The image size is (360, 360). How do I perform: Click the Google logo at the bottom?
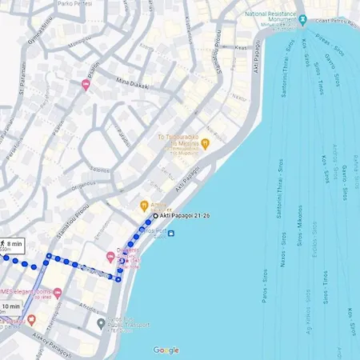pos(166,350)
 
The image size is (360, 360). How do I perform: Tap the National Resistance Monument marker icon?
pos(302,14)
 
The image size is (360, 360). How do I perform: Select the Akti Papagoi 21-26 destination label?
pos(185,216)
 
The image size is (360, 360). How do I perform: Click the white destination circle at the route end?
pos(155,216)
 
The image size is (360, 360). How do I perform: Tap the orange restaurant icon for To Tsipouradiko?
pos(205,144)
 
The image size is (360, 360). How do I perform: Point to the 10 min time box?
pos(10,307)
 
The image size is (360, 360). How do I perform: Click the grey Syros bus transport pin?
pos(100,324)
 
